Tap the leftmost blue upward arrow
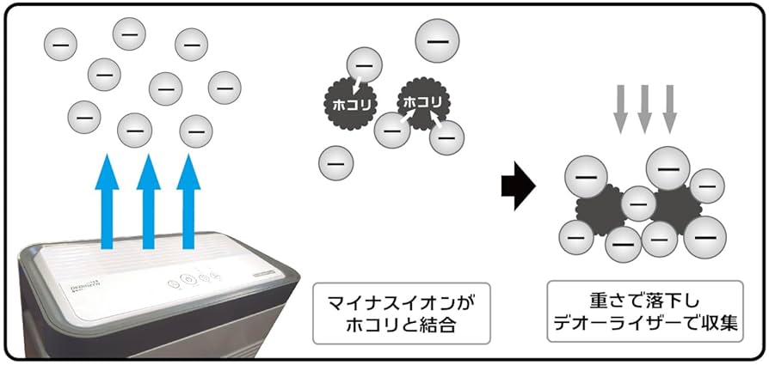click(x=110, y=202)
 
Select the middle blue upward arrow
click(x=149, y=202)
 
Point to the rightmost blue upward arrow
click(x=188, y=202)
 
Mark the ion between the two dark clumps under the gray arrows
click(x=638, y=204)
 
